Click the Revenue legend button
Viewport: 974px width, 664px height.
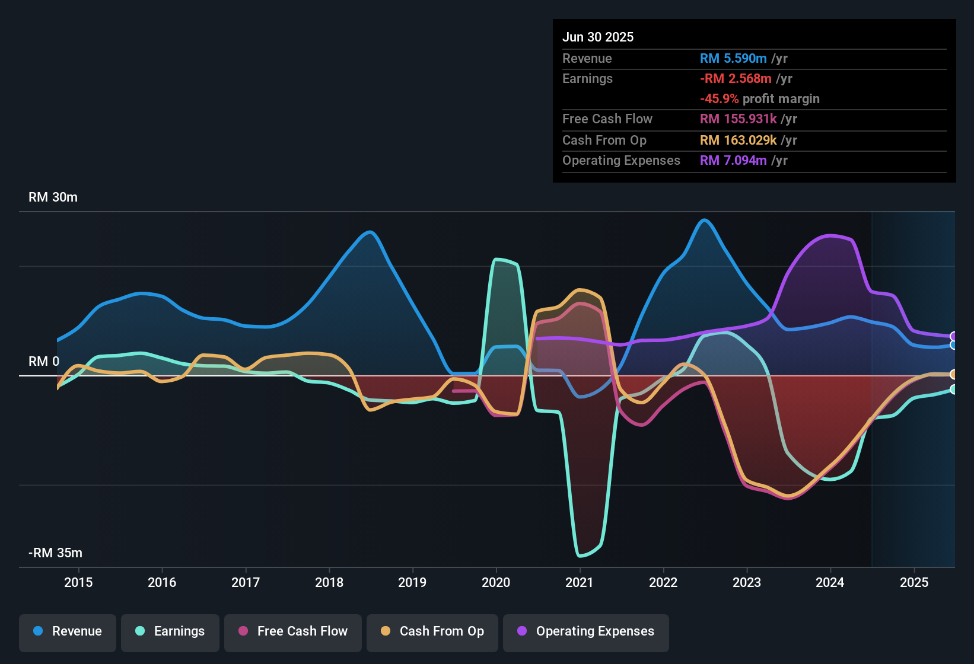pyautogui.click(x=68, y=631)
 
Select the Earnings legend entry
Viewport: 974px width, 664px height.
pyautogui.click(x=170, y=631)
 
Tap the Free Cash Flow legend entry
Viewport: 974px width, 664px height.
pyautogui.click(x=293, y=631)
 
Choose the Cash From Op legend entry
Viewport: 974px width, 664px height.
pyautogui.click(x=432, y=631)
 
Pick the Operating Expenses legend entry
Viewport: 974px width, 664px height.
pyautogui.click(x=586, y=631)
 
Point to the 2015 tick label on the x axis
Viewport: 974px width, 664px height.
pyautogui.click(x=78, y=583)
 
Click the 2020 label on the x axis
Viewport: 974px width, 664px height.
pyautogui.click(x=496, y=583)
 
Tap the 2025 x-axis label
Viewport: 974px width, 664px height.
pyautogui.click(x=913, y=583)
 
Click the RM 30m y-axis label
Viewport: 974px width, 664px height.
pyautogui.click(x=53, y=197)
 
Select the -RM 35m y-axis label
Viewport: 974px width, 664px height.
pyautogui.click(x=55, y=553)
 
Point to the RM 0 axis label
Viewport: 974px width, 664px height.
pyautogui.click(x=44, y=362)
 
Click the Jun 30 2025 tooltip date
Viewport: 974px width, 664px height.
pyautogui.click(x=598, y=37)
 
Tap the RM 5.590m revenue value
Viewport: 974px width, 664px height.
pyautogui.click(x=733, y=59)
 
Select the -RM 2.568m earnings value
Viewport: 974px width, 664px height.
pyautogui.click(x=736, y=79)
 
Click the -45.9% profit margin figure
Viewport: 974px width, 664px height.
pyautogui.click(x=719, y=99)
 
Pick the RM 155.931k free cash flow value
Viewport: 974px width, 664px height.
pyautogui.click(x=738, y=119)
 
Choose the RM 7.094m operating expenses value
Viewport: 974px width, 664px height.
pyautogui.click(x=733, y=161)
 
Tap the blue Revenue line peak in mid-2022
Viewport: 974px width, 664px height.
pyautogui.click(x=704, y=220)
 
